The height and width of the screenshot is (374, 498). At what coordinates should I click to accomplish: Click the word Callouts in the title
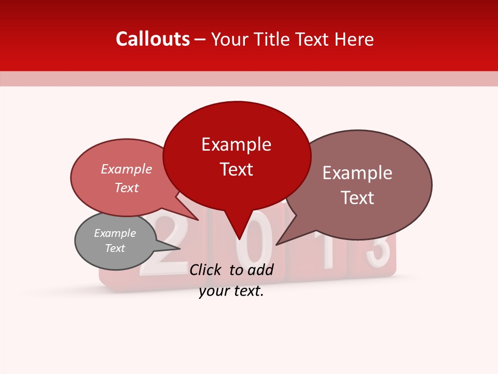pos(153,39)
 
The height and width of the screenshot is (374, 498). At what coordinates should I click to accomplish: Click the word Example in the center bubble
pos(237,144)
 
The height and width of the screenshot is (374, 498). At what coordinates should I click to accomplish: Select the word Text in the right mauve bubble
pos(357,198)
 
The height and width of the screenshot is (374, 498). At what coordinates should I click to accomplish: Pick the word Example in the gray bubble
pos(115,233)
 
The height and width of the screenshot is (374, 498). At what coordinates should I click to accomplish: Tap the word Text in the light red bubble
pos(127,188)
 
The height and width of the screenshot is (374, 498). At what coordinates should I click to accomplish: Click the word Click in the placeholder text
pos(206,270)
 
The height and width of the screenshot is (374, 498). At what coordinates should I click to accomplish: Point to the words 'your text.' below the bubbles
pos(231,291)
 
